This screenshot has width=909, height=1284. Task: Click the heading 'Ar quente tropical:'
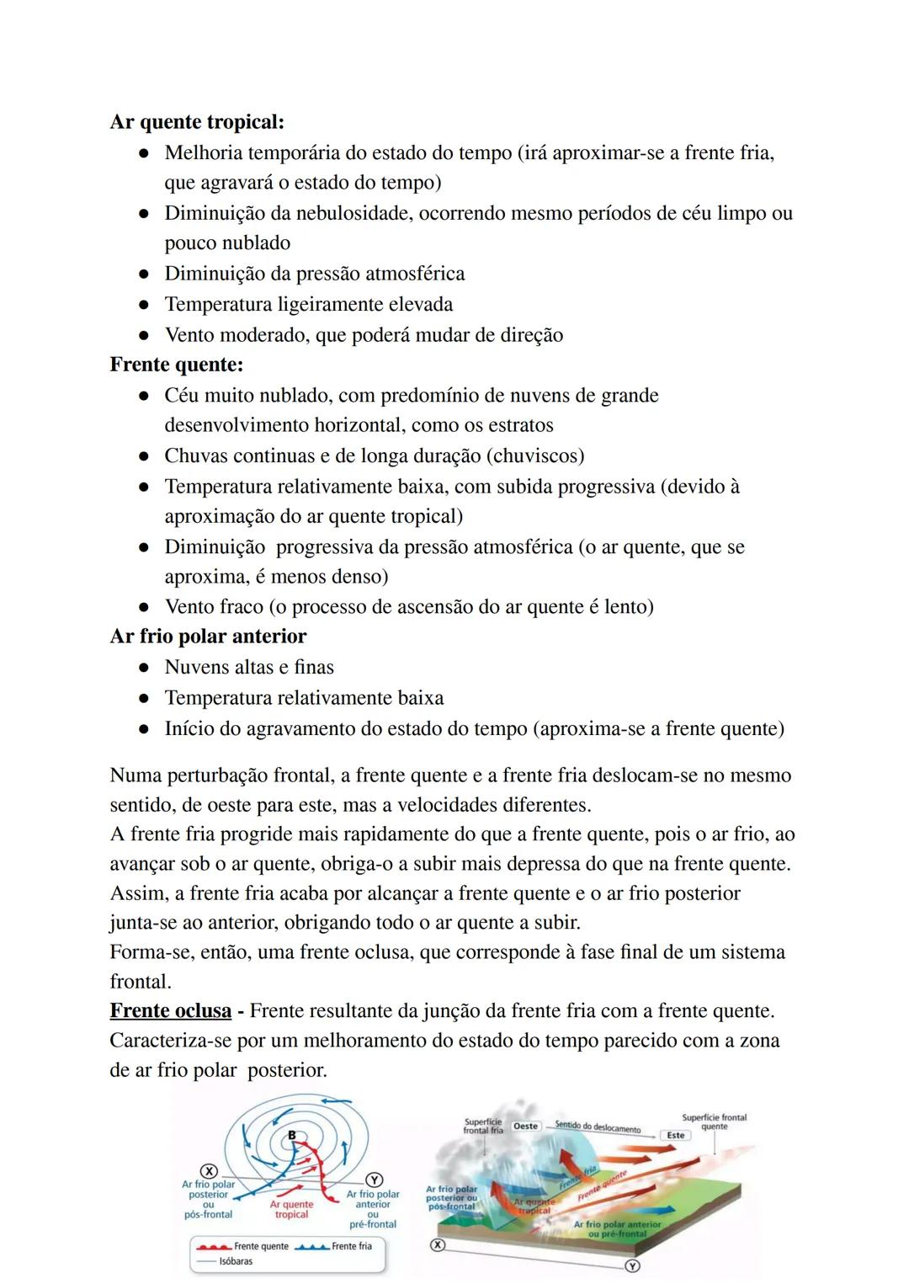click(197, 122)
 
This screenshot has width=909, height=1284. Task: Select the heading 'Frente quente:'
click(177, 365)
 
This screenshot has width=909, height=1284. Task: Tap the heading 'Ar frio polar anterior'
click(208, 636)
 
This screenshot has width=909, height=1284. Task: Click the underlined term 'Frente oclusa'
click(170, 1010)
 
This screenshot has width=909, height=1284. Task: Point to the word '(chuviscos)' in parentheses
click(535, 456)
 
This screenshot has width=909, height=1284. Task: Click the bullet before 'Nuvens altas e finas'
click(145, 668)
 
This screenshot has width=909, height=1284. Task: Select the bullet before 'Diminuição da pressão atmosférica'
click(145, 274)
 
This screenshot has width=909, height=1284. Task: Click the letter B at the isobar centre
click(292, 1135)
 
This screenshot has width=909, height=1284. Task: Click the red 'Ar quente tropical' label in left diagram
click(291, 1209)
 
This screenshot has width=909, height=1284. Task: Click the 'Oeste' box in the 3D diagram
click(525, 1126)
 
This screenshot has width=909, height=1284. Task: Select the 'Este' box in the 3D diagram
click(676, 1135)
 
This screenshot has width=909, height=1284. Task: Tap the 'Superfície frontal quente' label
click(714, 1122)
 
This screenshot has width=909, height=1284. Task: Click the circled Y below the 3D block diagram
click(632, 1266)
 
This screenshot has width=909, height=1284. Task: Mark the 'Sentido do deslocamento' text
click(598, 1127)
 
